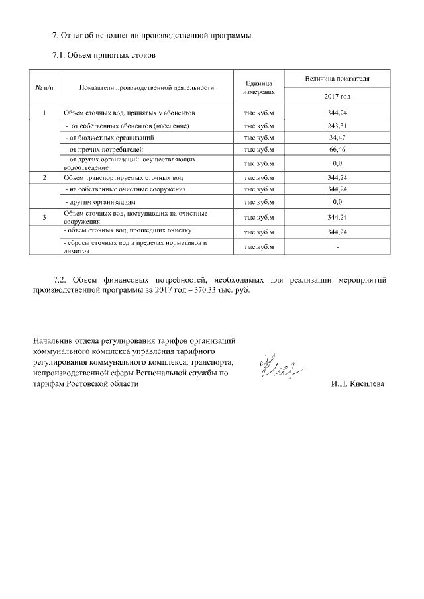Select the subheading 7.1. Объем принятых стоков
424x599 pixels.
point(104,55)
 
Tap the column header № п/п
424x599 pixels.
point(44,87)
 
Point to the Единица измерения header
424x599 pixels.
point(259,87)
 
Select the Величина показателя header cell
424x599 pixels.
point(337,79)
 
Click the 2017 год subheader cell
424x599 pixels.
point(337,97)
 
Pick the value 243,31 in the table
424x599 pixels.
point(337,126)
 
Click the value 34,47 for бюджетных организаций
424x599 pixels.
point(337,137)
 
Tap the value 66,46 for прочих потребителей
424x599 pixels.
point(337,149)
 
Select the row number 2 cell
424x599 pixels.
point(44,178)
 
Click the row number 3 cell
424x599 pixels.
point(44,217)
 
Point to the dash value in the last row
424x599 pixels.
point(337,247)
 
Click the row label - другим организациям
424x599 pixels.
point(100,202)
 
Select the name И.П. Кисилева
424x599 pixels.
point(357,384)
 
